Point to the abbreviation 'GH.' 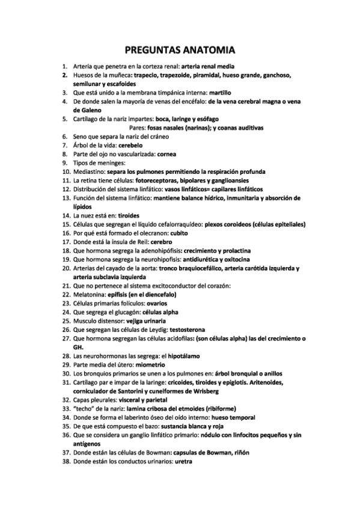click(x=78, y=346)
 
